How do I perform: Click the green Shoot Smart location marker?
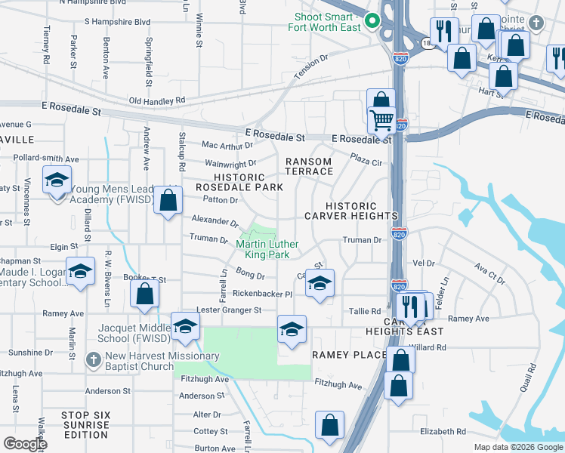pyautogui.click(x=371, y=20)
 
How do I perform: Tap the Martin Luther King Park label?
pyautogui.click(x=263, y=249)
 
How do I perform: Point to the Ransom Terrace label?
pyautogui.click(x=309, y=167)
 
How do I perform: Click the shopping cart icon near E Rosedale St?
pyautogui.click(x=382, y=120)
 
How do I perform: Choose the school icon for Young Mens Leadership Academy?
pyautogui.click(x=57, y=182)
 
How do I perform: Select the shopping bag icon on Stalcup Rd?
pyautogui.click(x=168, y=201)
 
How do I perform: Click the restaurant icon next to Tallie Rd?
pyautogui.click(x=409, y=306)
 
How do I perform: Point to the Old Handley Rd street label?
pyautogui.click(x=157, y=100)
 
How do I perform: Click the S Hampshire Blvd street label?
pyautogui.click(x=117, y=23)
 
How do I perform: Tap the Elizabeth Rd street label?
pyautogui.click(x=443, y=431)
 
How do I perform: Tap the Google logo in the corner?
pyautogui.click(x=25, y=444)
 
